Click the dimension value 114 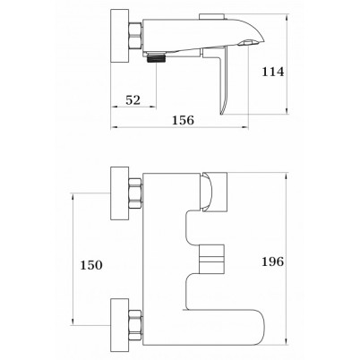273,72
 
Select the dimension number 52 133,100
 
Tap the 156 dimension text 183,120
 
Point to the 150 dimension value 91,265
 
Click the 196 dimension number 273,261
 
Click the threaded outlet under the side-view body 157,57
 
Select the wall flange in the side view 120,36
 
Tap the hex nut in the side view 135,36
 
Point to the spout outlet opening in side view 249,43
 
